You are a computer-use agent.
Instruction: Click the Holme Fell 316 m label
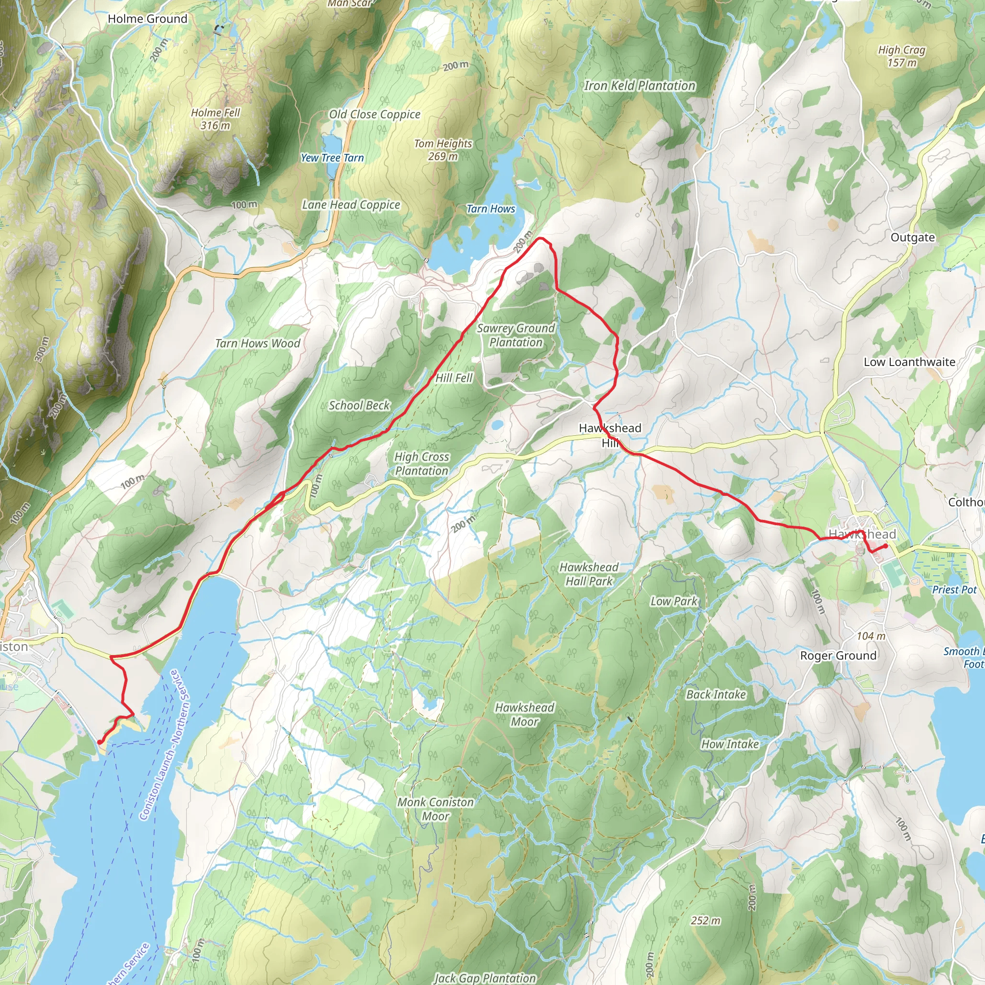click(215, 119)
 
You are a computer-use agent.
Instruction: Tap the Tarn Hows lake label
click(491, 209)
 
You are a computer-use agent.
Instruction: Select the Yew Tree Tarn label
click(332, 158)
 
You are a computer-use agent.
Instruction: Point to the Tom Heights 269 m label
click(442, 150)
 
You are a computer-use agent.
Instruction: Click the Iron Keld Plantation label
click(639, 86)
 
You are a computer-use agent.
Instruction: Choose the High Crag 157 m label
click(901, 56)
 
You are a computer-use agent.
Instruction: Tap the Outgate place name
click(912, 238)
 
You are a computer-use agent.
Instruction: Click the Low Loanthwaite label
click(909, 362)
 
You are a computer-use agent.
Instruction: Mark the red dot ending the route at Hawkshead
click(886, 546)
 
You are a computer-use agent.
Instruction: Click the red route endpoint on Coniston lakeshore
click(99, 742)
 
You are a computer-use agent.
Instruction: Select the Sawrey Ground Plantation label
click(516, 335)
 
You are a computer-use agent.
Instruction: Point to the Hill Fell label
click(454, 378)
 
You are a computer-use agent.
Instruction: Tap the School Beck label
click(359, 405)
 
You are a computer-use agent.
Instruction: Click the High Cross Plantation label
click(422, 464)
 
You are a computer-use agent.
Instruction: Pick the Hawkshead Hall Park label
click(589, 574)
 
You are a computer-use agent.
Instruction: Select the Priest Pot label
click(954, 589)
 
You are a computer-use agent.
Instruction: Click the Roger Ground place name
click(838, 656)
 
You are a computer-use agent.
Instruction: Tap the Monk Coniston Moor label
click(435, 808)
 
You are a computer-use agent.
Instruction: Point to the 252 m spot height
click(706, 921)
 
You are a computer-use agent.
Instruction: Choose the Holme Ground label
click(147, 19)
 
